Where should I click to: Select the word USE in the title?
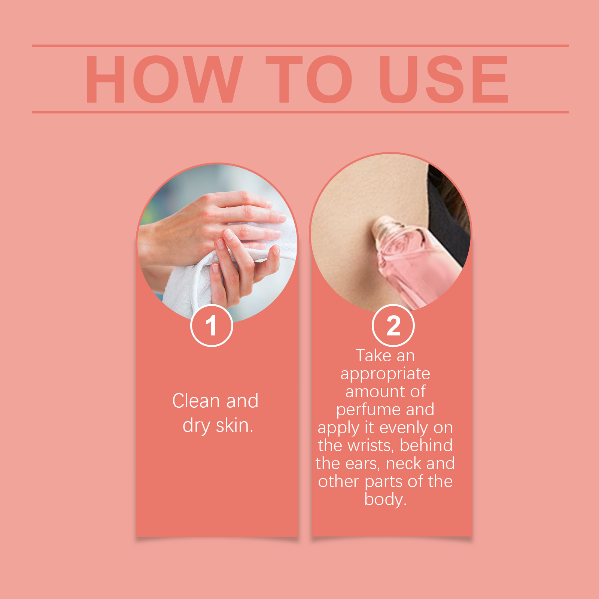click(x=444, y=79)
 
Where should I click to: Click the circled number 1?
click(x=212, y=326)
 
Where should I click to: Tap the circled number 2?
click(x=393, y=326)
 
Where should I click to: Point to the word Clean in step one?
click(x=196, y=401)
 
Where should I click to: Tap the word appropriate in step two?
click(x=385, y=374)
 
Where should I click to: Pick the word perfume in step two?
click(x=368, y=410)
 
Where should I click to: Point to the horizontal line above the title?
click(x=300, y=46)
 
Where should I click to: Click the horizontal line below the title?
click(x=300, y=112)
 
